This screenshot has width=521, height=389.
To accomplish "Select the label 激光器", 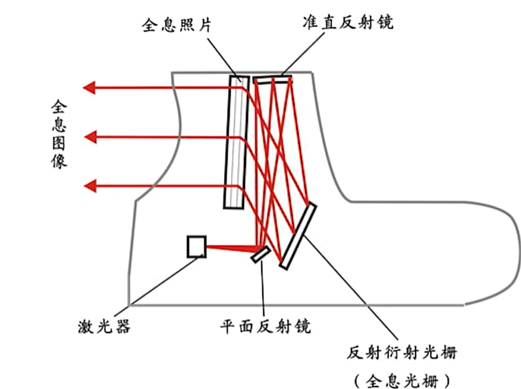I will tap(104, 327).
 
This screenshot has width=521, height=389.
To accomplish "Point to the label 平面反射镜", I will tap(265, 327).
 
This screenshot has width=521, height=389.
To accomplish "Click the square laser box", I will tap(196, 246).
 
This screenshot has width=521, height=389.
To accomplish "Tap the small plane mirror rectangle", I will tap(261, 254).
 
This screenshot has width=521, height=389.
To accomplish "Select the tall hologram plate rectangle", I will tap(236, 142).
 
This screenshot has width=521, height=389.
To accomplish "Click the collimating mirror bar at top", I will tap(272, 79).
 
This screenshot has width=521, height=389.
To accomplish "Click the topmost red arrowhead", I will tap(89, 87).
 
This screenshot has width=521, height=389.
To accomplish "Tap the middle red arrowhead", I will tap(89, 137).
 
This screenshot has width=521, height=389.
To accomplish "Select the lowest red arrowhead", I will tap(89, 186).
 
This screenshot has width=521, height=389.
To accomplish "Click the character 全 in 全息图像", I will tap(59, 108).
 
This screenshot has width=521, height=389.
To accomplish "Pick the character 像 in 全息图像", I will tap(59, 161).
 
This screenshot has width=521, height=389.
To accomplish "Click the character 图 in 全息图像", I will tap(59, 143).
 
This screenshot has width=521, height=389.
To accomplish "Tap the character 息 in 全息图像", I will tap(59, 126).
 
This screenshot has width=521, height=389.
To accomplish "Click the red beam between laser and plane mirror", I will tap(230, 247).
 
